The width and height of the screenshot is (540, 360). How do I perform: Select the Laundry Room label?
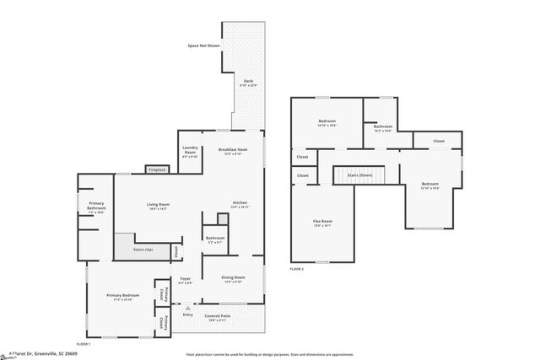(x=190, y=153)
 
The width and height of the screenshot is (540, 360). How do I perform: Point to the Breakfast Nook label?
(x=231, y=152)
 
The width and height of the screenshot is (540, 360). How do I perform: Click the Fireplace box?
(x=157, y=169)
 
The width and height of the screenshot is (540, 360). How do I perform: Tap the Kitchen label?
(x=240, y=203)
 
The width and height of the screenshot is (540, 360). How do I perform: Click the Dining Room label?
(x=233, y=278)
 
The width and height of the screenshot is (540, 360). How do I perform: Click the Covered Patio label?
(x=218, y=318)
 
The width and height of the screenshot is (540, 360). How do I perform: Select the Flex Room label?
(x=322, y=223)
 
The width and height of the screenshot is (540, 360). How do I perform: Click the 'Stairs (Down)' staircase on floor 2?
(x=359, y=175)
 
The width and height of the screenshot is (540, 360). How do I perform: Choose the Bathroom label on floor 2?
(x=382, y=128)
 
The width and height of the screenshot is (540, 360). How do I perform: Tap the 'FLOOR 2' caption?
(x=296, y=268)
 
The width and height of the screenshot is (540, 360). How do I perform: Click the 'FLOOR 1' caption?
(x=84, y=344)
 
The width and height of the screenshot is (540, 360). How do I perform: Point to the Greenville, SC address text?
(x=42, y=354)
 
